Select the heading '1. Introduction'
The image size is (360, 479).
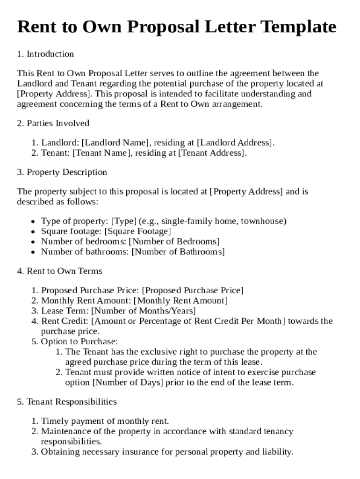(x=45, y=54)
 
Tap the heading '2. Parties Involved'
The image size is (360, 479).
(x=53, y=123)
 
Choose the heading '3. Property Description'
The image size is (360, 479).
(x=62, y=172)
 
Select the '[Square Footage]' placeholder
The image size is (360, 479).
(x=137, y=232)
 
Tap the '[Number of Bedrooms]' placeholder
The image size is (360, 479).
(x=174, y=242)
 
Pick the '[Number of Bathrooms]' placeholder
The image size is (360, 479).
(x=178, y=252)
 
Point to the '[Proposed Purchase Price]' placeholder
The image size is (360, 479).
(x=193, y=290)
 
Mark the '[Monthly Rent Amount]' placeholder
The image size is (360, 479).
(x=180, y=301)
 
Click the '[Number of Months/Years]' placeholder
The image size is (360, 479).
(x=144, y=311)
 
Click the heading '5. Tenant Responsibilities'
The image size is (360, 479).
(x=67, y=402)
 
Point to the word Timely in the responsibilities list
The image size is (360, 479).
(x=54, y=421)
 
